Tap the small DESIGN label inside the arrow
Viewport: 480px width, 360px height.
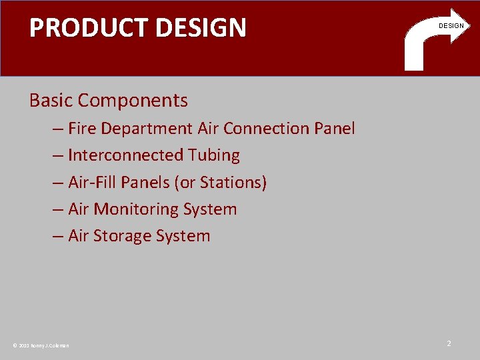451,25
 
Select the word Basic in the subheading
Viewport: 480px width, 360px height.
51,101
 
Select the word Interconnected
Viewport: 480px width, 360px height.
126,155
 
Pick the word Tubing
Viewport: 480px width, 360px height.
214,156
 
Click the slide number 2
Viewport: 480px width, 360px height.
449,343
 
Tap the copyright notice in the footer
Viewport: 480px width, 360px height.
41,345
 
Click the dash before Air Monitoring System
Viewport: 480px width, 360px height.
58,209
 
